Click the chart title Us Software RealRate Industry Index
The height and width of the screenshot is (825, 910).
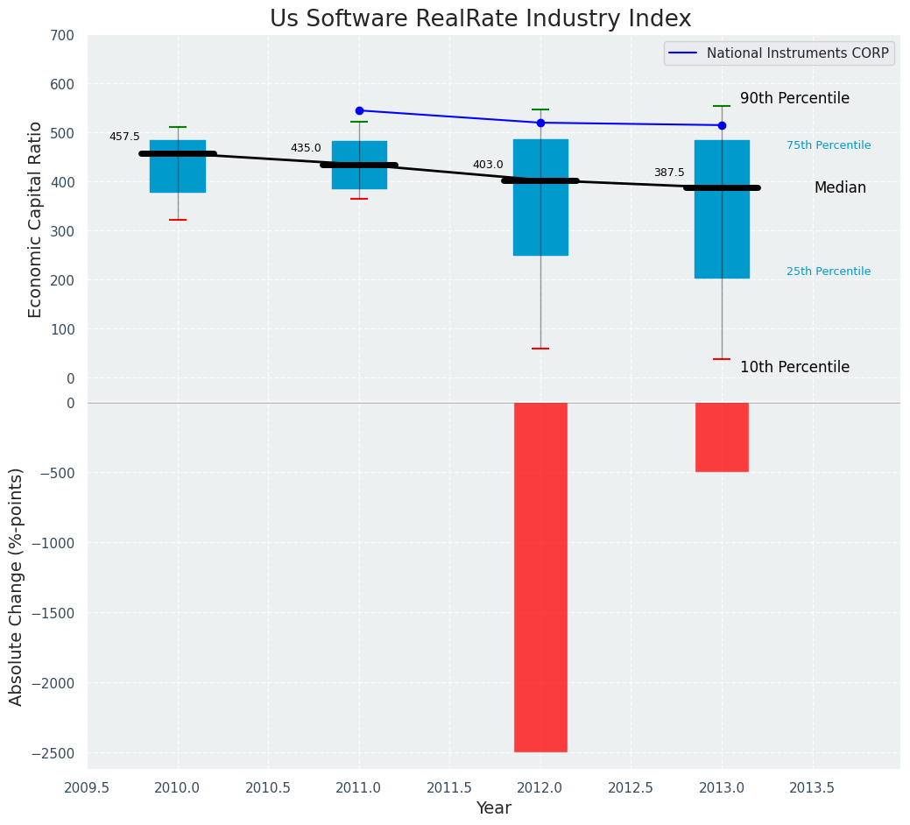pyautogui.click(x=480, y=19)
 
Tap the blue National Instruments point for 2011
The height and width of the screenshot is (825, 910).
pyautogui.click(x=359, y=110)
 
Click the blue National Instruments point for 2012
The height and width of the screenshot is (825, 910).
pyautogui.click(x=540, y=123)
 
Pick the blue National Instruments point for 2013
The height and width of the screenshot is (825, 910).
pyautogui.click(x=722, y=125)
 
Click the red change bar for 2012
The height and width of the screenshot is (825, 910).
pyautogui.click(x=540, y=576)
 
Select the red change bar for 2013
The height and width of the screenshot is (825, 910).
pyautogui.click(x=722, y=437)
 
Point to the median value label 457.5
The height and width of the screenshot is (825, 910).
pyautogui.click(x=124, y=137)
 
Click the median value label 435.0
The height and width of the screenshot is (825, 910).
pyautogui.click(x=306, y=148)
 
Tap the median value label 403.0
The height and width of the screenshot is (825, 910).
pyautogui.click(x=488, y=165)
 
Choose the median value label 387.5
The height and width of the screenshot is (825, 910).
pyautogui.click(x=669, y=173)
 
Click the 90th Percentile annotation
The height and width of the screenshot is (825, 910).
pyautogui.click(x=794, y=98)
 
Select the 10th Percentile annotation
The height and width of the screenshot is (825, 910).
pyautogui.click(x=794, y=367)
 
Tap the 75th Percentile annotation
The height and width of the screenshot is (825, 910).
pyautogui.click(x=829, y=145)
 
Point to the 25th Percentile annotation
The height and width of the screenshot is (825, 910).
pyautogui.click(x=829, y=271)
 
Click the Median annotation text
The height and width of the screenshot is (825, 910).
pyautogui.click(x=840, y=187)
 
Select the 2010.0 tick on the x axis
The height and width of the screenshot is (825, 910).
pyautogui.click(x=178, y=787)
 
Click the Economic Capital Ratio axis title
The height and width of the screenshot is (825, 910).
pyautogui.click(x=35, y=207)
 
